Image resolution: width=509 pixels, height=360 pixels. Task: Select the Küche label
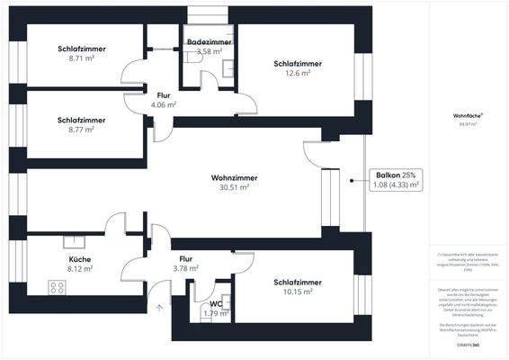(80, 259)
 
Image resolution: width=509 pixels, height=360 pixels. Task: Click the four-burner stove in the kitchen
(58, 289)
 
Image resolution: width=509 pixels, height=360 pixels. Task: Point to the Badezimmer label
(209, 42)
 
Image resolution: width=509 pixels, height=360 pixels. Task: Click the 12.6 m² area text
(298, 74)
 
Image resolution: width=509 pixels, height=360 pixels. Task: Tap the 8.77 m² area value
(81, 129)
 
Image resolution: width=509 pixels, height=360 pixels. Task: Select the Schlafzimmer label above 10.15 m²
(298, 282)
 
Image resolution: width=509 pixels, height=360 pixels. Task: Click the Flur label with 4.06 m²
(164, 95)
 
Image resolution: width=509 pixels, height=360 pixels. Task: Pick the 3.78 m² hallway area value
(184, 268)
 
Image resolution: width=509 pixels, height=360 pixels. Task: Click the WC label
(216, 303)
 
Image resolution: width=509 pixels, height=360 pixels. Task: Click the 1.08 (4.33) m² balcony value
(397, 184)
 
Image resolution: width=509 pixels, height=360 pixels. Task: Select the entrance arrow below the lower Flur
(161, 309)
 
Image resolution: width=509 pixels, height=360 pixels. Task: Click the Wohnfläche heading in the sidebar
(469, 114)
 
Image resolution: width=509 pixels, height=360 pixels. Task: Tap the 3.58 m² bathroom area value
(209, 52)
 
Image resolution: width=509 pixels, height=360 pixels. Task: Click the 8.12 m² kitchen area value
(80, 268)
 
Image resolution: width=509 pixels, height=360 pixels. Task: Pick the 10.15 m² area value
(298, 292)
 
